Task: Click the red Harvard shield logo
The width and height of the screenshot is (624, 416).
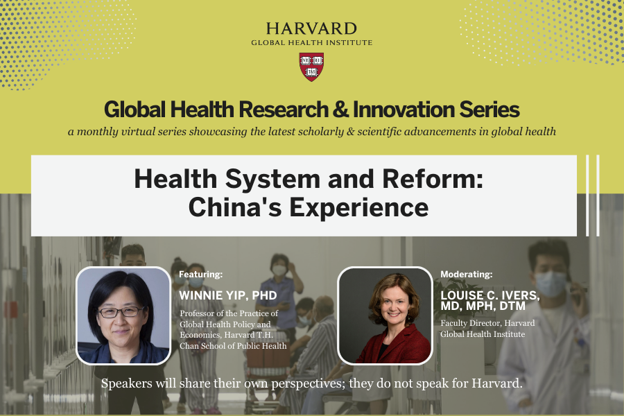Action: tap(311, 67)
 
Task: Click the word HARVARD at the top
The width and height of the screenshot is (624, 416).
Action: tap(311, 28)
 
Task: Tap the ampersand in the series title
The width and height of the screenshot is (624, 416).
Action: tap(340, 110)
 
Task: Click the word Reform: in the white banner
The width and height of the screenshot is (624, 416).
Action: tap(433, 179)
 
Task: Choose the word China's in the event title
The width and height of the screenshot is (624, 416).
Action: tap(235, 207)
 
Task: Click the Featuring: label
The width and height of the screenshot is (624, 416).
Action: tap(200, 275)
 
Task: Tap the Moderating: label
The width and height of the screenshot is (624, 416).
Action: tap(466, 275)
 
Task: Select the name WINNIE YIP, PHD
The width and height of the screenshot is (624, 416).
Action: tap(227, 295)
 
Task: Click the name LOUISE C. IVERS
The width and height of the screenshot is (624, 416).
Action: tap(489, 295)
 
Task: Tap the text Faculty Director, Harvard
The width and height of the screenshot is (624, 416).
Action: tap(487, 323)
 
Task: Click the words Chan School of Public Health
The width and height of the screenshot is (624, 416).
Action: tap(233, 346)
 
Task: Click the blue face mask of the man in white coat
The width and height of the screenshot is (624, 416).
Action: tap(551, 283)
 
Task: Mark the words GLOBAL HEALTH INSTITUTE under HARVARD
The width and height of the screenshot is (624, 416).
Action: tap(311, 42)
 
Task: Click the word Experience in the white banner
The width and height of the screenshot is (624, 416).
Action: tap(358, 208)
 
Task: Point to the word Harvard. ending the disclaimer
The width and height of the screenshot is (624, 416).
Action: tap(496, 383)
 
